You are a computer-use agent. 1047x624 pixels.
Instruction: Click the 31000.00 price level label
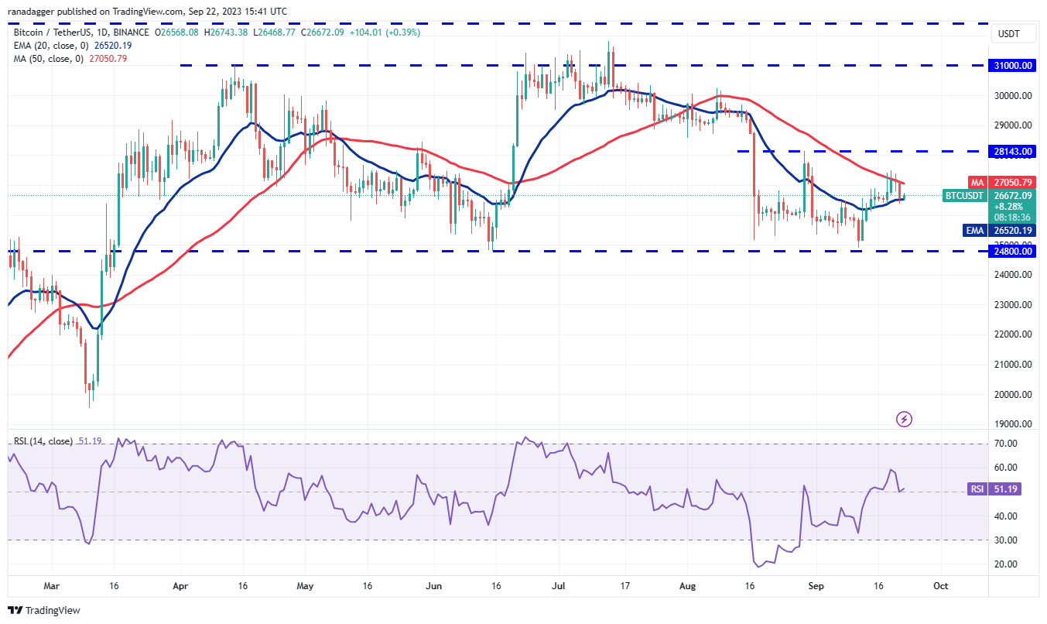pyautogui.click(x=1014, y=66)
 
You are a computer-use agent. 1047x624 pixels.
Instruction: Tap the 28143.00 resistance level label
pyautogui.click(x=1014, y=152)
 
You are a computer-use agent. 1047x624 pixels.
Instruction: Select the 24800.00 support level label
pyautogui.click(x=1014, y=252)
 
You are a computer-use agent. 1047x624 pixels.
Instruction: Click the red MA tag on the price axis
pyautogui.click(x=977, y=183)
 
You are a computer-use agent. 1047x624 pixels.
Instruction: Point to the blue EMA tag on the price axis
pyautogui.click(x=974, y=230)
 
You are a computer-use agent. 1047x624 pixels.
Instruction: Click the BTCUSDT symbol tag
pyautogui.click(x=963, y=196)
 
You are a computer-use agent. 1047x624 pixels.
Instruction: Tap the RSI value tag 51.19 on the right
pyautogui.click(x=977, y=489)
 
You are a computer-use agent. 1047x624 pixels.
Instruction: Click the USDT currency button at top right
pyautogui.click(x=1009, y=34)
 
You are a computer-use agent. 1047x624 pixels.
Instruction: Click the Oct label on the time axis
pyautogui.click(x=939, y=586)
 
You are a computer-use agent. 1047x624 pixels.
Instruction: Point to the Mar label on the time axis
pyautogui.click(x=51, y=586)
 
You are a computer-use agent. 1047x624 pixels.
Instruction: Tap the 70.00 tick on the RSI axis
pyautogui.click(x=1004, y=444)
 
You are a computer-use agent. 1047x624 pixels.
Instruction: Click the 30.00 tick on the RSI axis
pyautogui.click(x=1004, y=540)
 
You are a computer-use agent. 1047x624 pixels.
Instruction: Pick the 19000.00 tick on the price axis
pyautogui.click(x=1013, y=424)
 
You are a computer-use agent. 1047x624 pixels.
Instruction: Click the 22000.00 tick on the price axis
pyautogui.click(x=1013, y=334)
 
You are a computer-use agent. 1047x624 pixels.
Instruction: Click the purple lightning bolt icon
pyautogui.click(x=904, y=420)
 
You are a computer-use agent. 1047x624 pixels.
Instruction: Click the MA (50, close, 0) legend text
pyautogui.click(x=47, y=57)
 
